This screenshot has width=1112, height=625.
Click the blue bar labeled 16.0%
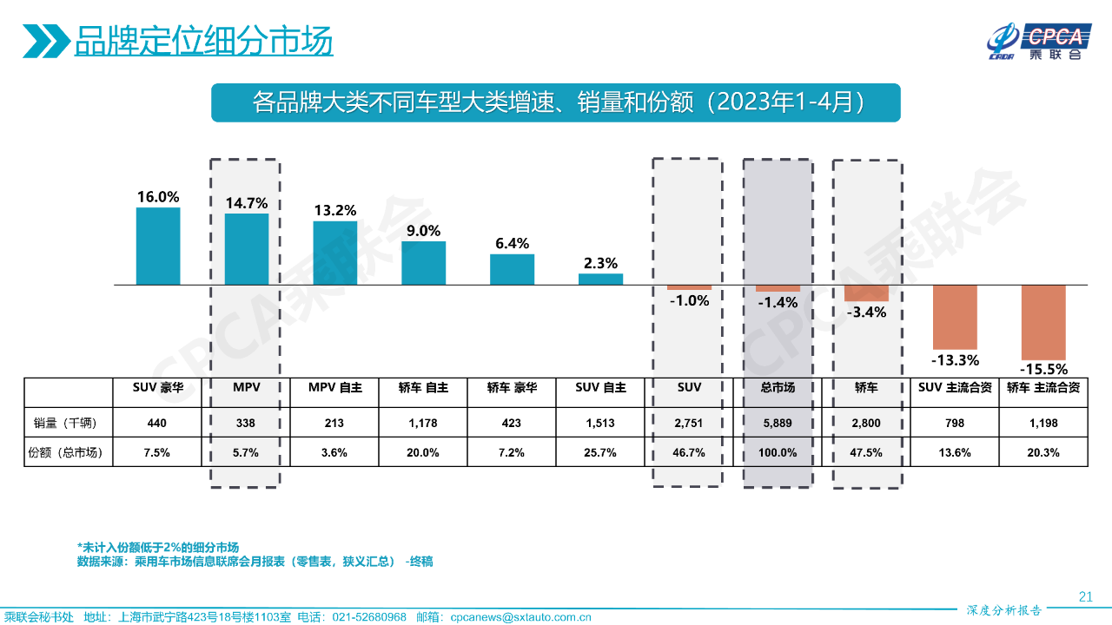click(x=158, y=246)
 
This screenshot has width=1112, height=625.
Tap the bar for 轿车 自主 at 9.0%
click(x=423, y=262)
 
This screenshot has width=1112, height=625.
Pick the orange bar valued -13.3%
click(x=955, y=317)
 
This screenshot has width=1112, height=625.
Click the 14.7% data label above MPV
click(x=247, y=203)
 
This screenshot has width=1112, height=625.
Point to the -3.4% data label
click(x=865, y=312)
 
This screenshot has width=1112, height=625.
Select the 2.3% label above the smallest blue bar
click(x=600, y=263)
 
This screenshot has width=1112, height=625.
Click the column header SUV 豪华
click(x=157, y=388)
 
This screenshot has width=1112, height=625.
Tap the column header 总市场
click(x=778, y=388)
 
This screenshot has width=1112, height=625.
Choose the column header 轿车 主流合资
click(x=1043, y=388)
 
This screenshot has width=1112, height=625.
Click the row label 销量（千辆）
click(x=69, y=423)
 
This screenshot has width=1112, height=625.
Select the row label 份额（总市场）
click(x=69, y=452)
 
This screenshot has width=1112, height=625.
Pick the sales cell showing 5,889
click(x=778, y=423)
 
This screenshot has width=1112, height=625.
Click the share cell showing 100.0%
click(x=778, y=452)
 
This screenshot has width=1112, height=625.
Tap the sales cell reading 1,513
click(x=600, y=423)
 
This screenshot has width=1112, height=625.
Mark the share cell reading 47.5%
click(x=865, y=452)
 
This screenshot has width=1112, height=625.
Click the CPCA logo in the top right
click(x=1037, y=40)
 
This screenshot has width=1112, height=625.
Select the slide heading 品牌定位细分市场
click(x=203, y=41)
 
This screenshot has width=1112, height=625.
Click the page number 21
click(x=1085, y=595)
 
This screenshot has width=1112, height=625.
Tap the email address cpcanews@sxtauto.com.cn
click(x=520, y=617)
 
